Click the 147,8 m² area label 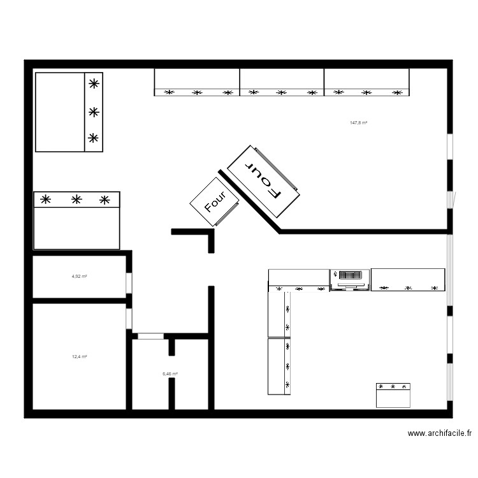(358, 122)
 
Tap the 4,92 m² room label (79, 277)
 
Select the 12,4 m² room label (79, 357)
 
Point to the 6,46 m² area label (170, 374)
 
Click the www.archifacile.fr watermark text (440, 433)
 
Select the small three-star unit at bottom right (393, 395)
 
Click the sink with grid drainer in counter (350, 279)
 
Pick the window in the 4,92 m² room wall (129, 282)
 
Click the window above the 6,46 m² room (150, 336)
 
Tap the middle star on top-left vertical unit (94, 112)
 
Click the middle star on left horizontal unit (76, 199)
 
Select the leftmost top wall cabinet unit (197, 82)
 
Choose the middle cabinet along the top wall (282, 82)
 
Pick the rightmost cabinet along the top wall (366, 82)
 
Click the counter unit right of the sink (408, 280)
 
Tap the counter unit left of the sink (298, 278)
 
